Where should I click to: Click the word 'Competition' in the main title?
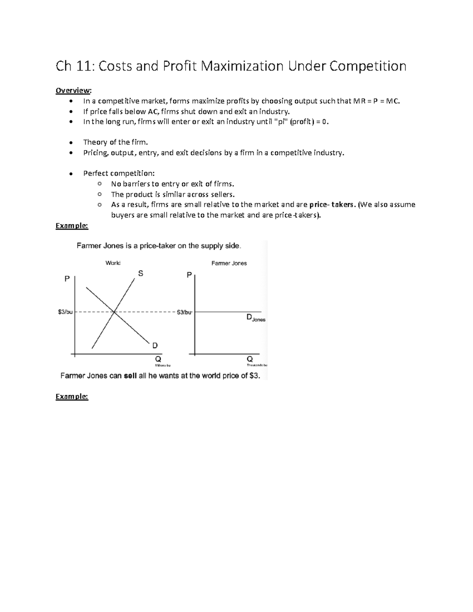point(367,66)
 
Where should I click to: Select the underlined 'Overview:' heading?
point(73,91)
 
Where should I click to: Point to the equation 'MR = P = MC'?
point(376,101)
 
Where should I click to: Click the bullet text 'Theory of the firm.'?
point(115,142)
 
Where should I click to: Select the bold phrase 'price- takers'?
point(332,205)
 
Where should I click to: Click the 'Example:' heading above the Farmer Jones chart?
point(72,225)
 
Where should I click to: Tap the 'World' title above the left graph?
point(113,263)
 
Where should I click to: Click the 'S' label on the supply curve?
point(140,273)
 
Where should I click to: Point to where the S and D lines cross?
point(114,312)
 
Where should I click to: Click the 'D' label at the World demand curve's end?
point(155,346)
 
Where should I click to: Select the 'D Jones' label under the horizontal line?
point(255,318)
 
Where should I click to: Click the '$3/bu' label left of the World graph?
point(65,312)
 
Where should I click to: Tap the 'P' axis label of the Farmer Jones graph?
point(189,275)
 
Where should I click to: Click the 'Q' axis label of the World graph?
point(158,359)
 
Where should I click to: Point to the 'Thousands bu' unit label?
point(257,366)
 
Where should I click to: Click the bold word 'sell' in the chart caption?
point(130,376)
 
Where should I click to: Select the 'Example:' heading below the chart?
point(72,396)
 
